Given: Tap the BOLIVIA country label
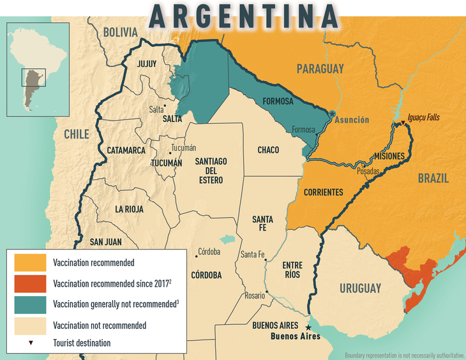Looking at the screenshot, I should click(x=120, y=32).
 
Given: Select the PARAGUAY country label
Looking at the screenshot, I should click(x=320, y=68).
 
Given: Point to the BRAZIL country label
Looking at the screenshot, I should click(x=433, y=178).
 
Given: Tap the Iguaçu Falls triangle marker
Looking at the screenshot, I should click(x=402, y=124).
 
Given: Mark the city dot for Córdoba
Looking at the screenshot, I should click(x=196, y=256).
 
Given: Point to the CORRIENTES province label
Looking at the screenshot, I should click(x=323, y=192).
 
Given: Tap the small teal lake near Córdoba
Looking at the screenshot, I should click(x=225, y=239).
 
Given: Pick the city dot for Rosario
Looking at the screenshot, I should click(x=267, y=293).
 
